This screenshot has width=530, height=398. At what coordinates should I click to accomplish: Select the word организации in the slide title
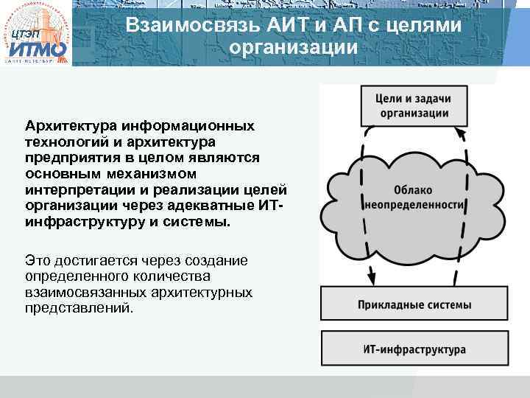click(293, 48)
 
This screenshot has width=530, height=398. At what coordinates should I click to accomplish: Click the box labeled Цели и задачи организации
click(413, 105)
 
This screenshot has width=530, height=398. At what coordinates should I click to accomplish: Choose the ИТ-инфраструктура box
click(414, 349)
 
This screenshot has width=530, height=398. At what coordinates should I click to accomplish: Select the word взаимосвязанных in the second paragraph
click(86, 293)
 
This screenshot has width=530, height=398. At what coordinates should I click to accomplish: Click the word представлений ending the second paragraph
click(79, 309)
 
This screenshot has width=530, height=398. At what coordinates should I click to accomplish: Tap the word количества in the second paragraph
click(173, 276)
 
